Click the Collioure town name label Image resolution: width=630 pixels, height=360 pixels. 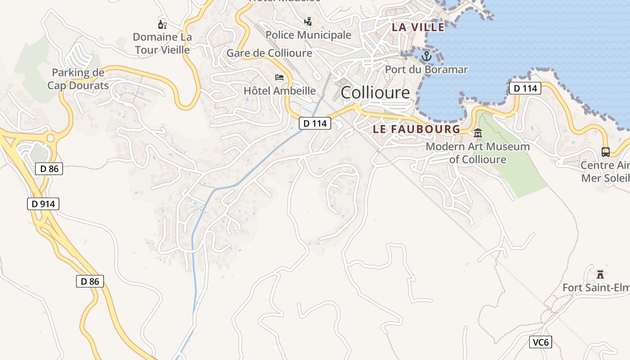pos(375,93)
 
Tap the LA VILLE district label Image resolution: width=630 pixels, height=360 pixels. pos(418,27)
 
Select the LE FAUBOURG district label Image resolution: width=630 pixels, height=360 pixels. pos(416,129)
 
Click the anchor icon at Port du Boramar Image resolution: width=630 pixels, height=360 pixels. pos(426,56)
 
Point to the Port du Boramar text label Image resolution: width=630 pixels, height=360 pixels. pos(426,70)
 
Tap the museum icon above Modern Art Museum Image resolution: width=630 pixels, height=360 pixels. pos(477,133)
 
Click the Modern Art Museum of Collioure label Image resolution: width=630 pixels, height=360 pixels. pos(477,153)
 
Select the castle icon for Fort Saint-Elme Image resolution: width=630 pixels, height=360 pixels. pos(600,274)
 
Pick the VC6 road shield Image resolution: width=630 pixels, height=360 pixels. pos(540,342)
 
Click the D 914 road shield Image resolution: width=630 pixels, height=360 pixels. pos(43,204)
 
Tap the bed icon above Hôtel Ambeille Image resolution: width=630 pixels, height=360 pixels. pos(279,77)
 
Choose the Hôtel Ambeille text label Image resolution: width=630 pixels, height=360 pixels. pos(279,91)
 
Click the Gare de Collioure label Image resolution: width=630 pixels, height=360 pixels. pos(269,53)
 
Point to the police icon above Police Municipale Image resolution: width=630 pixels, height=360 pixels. pos(308,21)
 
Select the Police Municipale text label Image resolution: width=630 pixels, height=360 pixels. pos(308,35)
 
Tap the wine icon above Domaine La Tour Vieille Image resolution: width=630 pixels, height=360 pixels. pos(162,24)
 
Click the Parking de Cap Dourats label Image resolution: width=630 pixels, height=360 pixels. pos(78,79)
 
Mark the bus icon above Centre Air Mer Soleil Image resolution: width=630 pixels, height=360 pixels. pos(606,152)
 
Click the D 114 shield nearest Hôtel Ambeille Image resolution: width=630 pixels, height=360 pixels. pos(315,123)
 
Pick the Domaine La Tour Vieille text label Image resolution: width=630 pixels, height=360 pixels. pos(162,43)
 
